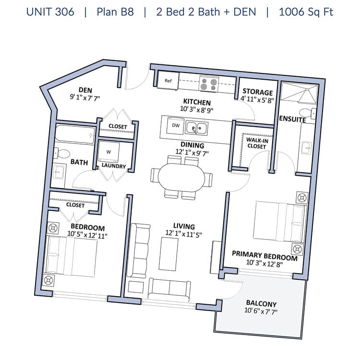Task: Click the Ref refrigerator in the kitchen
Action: click(168, 81)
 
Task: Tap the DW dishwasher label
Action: click(176, 125)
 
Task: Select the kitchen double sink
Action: click(197, 128)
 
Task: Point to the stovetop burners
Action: click(209, 84)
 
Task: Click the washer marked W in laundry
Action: click(108, 152)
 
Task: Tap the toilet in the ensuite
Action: click(308, 113)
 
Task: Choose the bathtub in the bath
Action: click(75, 135)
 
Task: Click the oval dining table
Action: click(181, 177)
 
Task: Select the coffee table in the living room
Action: click(168, 254)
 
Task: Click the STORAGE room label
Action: click(258, 92)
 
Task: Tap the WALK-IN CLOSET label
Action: click(257, 143)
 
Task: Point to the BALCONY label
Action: click(261, 303)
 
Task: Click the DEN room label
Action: click(85, 90)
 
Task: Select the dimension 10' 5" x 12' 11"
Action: click(87, 235)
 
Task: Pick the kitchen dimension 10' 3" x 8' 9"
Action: click(196, 109)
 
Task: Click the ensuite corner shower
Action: click(300, 91)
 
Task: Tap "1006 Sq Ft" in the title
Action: click(306, 12)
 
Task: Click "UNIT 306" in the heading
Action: click(50, 12)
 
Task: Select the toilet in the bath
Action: click(62, 153)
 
